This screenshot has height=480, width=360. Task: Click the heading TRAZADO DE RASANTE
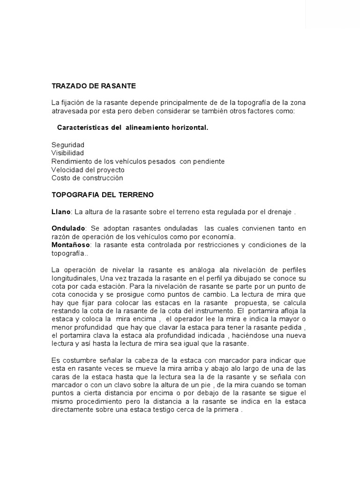[93, 86]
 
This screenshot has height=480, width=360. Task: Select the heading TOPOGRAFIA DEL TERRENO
[102, 194]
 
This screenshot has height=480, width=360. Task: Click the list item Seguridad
[67, 145]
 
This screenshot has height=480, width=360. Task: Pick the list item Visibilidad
[67, 153]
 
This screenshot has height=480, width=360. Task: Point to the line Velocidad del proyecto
[88, 170]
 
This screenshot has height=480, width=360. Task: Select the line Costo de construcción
[87, 178]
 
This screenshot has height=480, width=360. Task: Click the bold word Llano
[60, 212]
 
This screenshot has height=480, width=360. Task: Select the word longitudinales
[75, 277]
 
